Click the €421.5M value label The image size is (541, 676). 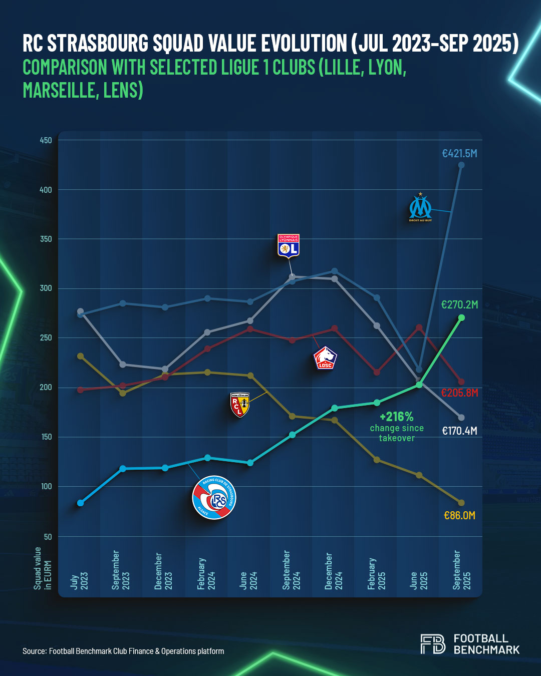(459, 154)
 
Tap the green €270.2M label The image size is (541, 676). (459, 304)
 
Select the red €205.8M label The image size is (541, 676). (459, 393)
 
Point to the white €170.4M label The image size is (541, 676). (459, 431)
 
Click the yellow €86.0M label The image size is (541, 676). (459, 516)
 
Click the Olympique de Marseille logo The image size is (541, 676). (420, 208)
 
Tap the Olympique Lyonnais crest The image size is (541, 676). (288, 245)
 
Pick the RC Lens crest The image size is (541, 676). (239, 405)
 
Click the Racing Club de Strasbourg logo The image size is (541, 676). (214, 497)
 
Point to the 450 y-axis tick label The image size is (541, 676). (46, 141)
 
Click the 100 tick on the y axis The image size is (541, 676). (46, 487)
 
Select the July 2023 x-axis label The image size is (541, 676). (79, 581)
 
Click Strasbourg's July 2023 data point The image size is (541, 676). (80, 503)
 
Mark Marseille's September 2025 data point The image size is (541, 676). (461, 165)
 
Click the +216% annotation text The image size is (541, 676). (397, 417)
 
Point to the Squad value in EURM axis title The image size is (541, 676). (43, 568)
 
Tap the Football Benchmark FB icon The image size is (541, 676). (433, 644)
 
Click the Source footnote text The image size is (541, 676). (123, 651)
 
